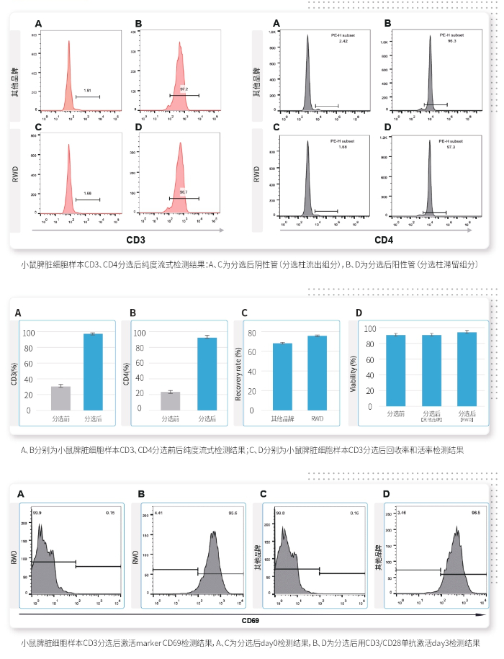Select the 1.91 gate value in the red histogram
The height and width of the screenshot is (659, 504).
click(87, 90)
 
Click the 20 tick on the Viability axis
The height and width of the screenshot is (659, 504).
click(369, 391)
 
